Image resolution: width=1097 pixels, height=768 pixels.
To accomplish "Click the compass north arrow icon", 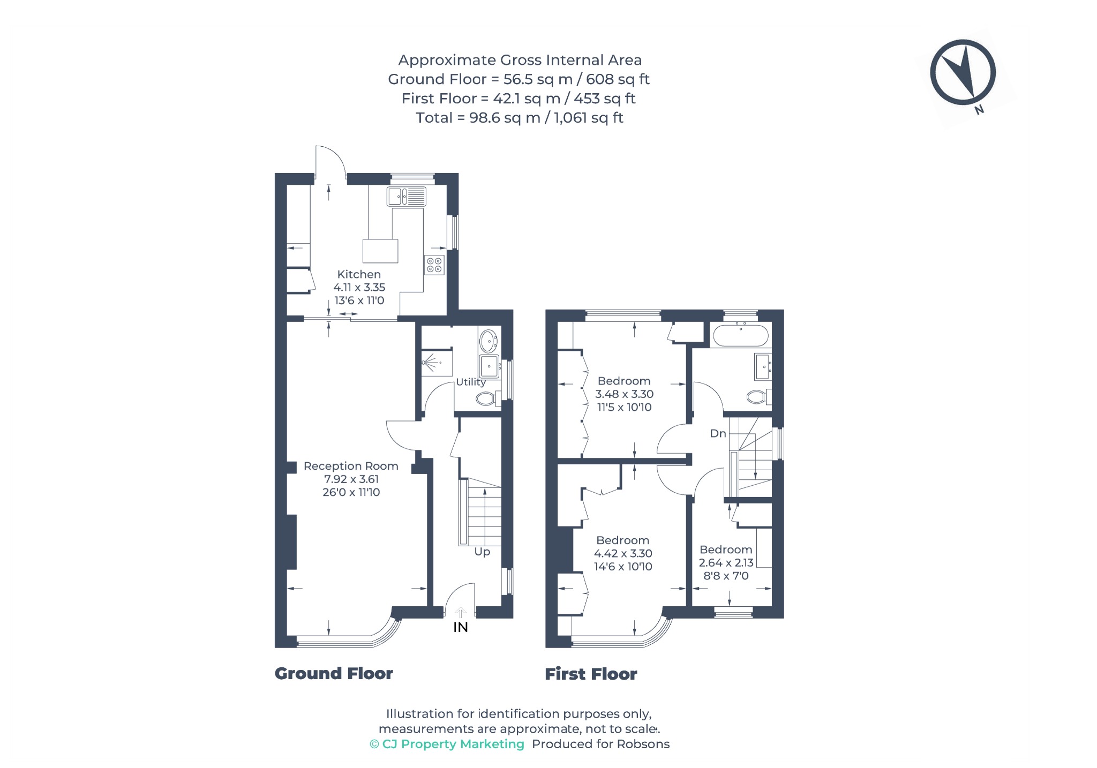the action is coord(963,72).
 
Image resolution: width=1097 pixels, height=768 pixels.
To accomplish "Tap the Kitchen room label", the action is coord(359,274).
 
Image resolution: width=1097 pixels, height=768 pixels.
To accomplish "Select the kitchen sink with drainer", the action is coord(407,197).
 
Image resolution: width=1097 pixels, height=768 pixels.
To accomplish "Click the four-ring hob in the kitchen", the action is coord(434,265).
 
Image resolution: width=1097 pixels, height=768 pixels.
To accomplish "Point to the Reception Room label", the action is coord(351,466).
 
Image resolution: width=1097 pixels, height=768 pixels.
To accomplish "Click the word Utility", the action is coord(471,382).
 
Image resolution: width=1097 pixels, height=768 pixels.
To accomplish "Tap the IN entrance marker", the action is coord(461,627).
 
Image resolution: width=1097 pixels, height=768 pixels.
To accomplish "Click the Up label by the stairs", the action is coord(482,552).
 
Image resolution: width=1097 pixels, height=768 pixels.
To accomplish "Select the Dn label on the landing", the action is coord(718,433).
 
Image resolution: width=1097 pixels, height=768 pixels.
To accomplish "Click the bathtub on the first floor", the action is coord(740,336).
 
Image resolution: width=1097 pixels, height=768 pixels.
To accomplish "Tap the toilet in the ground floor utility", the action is coord(488,398).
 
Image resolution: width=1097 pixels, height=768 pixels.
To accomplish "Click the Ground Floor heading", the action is coord(334,673).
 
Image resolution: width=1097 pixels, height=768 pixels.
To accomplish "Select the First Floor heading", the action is coord(591,674).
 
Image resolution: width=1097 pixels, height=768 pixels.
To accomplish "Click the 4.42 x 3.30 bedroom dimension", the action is coord(623,553).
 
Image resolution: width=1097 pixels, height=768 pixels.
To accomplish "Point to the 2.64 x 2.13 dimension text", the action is coord(726,562).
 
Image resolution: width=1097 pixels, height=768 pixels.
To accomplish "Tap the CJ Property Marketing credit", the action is coord(447,744).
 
